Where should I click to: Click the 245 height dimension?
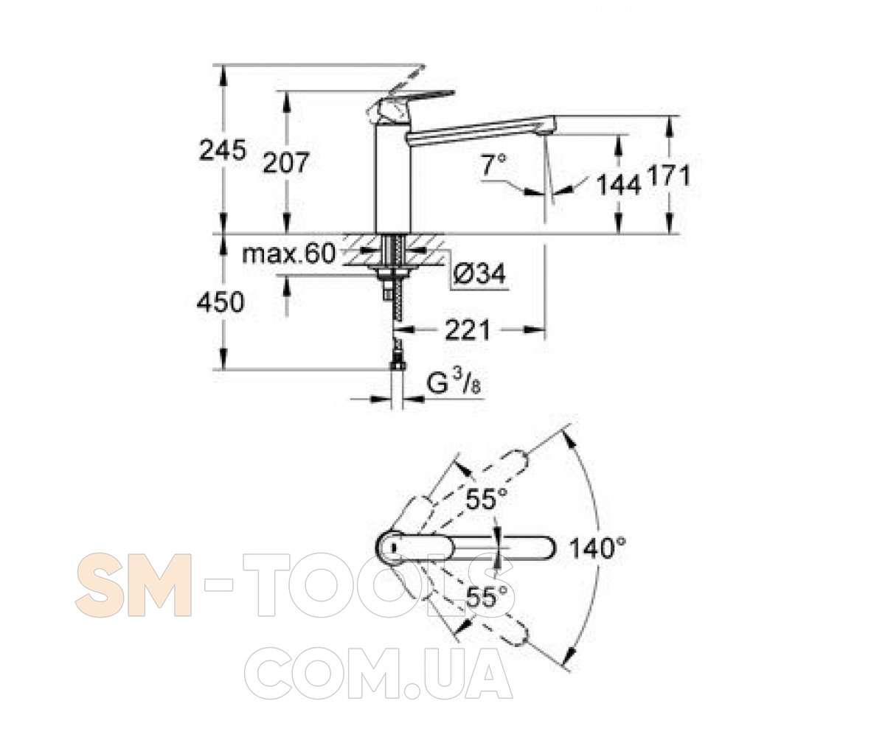pos(223,150)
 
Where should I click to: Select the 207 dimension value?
pos(287,163)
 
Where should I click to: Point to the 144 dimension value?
pos(619,185)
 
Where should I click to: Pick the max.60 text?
pos(289,254)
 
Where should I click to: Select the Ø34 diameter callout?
pos(479,274)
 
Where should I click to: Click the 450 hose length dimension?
pos(221,302)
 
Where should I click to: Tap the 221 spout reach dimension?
pos(468,330)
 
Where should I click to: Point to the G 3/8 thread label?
pos(454,385)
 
